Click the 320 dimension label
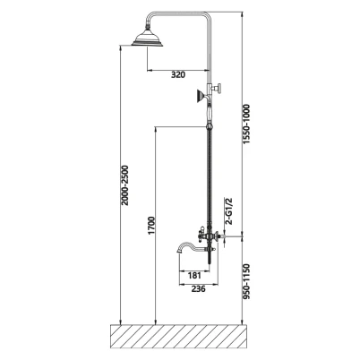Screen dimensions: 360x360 [x=178, y=74]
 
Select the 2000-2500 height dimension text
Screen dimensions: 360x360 [x=124, y=185]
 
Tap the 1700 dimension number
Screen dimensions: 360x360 [x=152, y=226]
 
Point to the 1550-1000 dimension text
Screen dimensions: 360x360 [x=246, y=124]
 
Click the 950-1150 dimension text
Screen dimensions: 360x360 [x=246, y=281]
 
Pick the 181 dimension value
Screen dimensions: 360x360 [x=194, y=275]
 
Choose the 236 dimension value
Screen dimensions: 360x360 [x=198, y=288]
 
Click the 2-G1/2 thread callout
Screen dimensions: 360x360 [x=229, y=210]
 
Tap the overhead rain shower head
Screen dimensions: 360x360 [x=147, y=39]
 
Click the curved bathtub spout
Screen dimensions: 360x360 [x=191, y=246]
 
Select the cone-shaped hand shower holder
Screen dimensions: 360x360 [x=201, y=96]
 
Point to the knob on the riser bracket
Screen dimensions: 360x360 [x=220, y=89]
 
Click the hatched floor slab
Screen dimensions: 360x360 [x=179, y=337]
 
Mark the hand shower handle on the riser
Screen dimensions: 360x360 [x=210, y=114]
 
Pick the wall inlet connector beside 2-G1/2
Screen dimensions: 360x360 [x=221, y=237]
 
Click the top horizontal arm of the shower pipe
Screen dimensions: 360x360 [x=179, y=13]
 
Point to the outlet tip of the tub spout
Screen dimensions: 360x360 [x=178, y=252]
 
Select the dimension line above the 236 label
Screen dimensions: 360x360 [x=199, y=284]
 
